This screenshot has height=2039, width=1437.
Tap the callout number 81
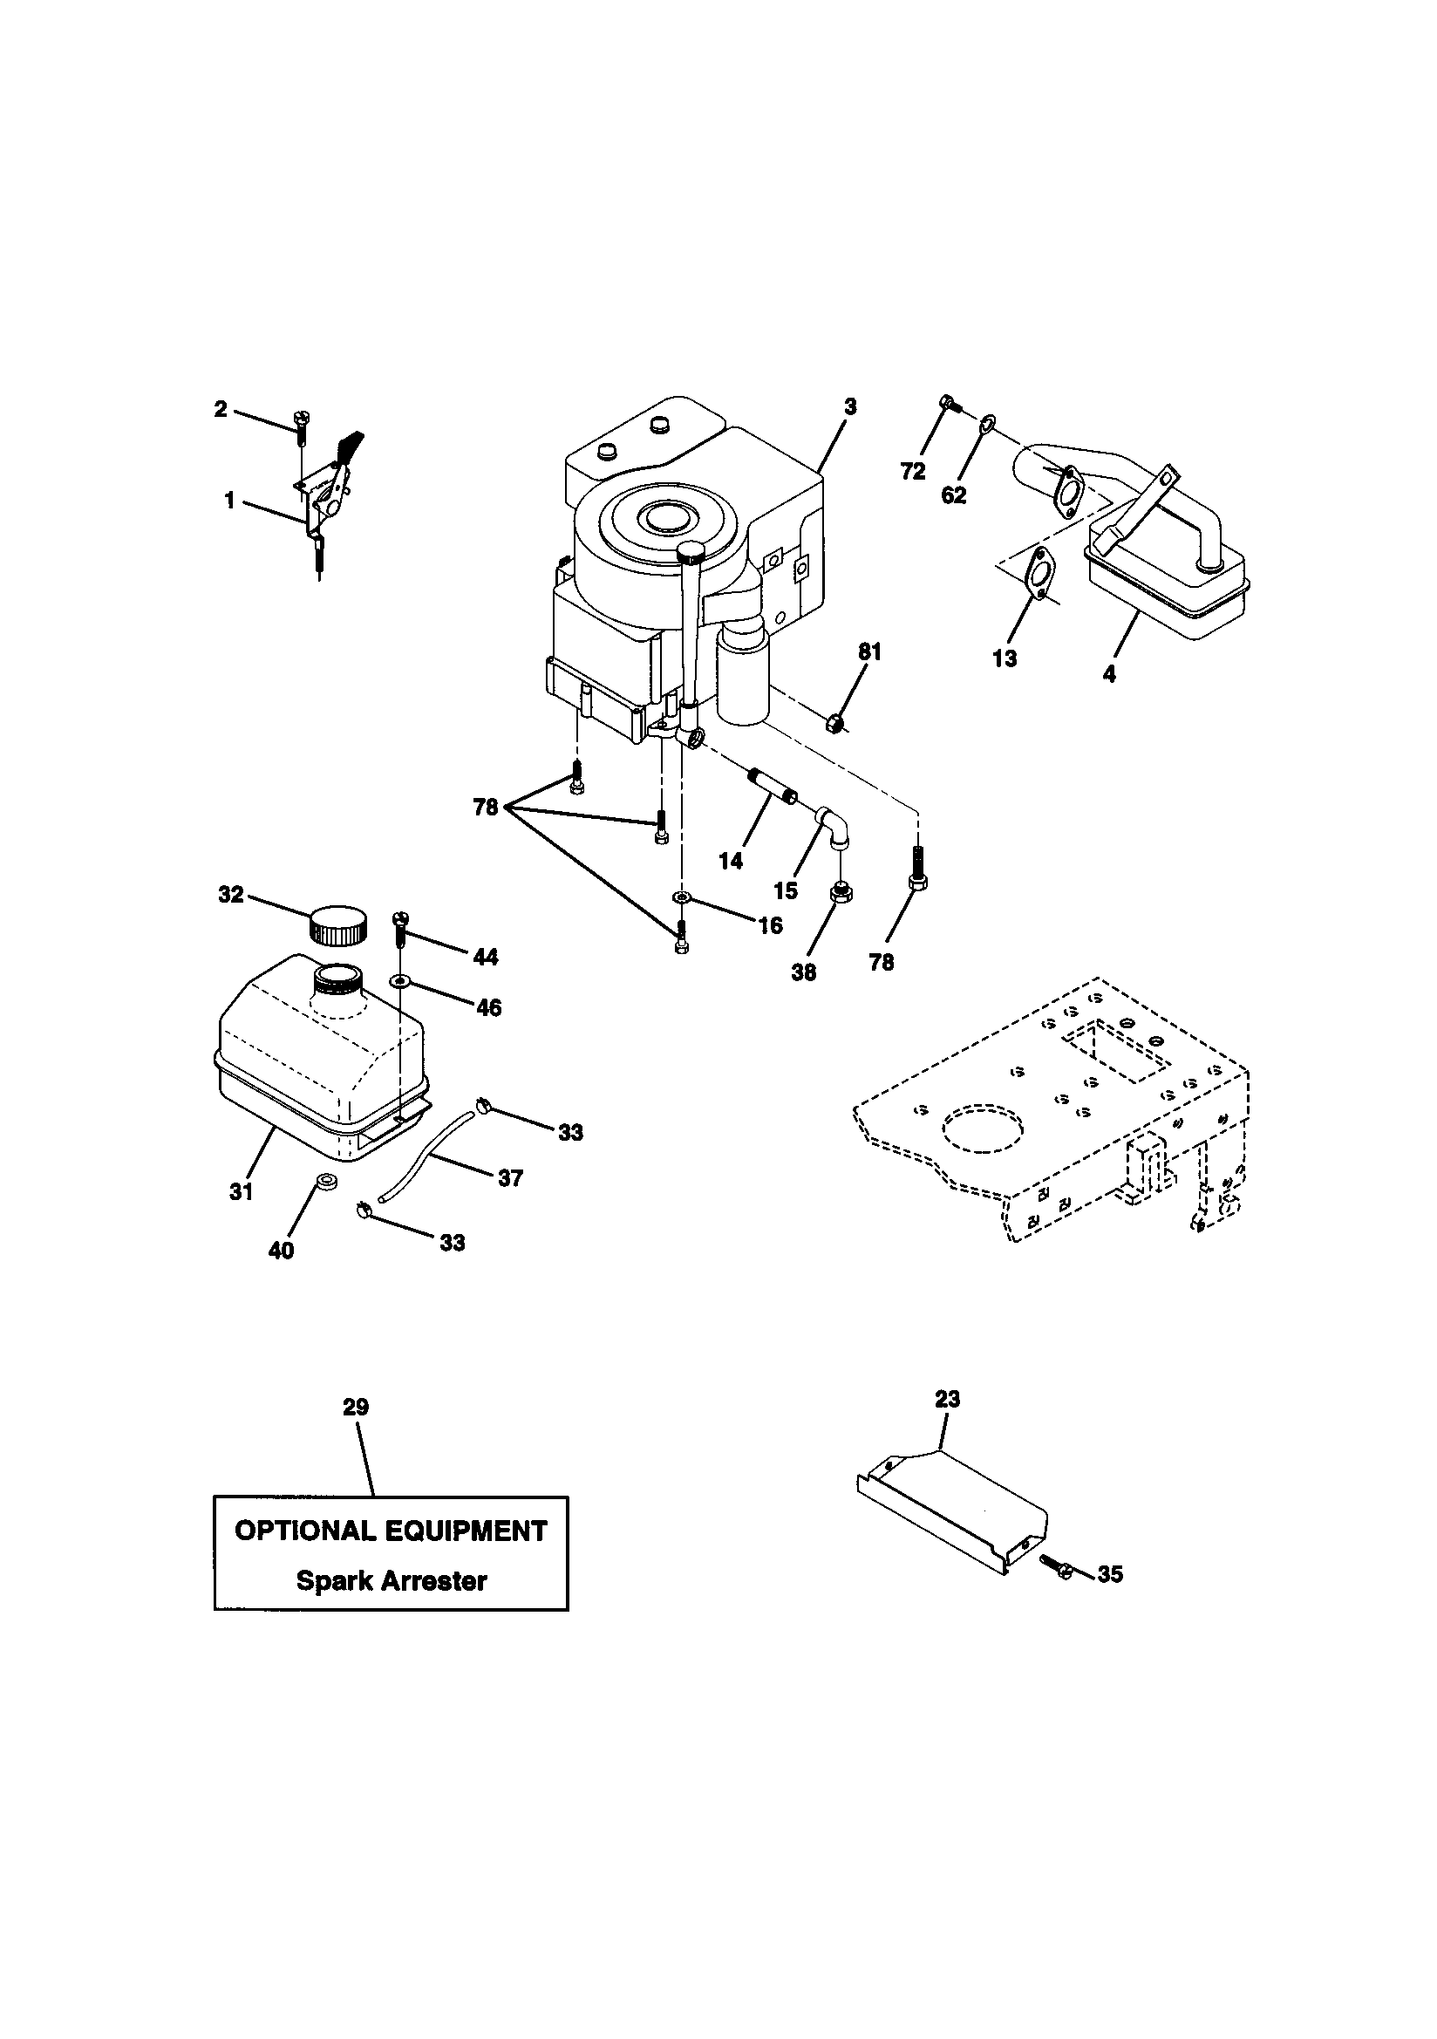869,651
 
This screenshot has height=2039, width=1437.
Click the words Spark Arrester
391,1581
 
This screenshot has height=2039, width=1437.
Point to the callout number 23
948,1399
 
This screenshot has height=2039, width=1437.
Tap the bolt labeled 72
946,404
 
